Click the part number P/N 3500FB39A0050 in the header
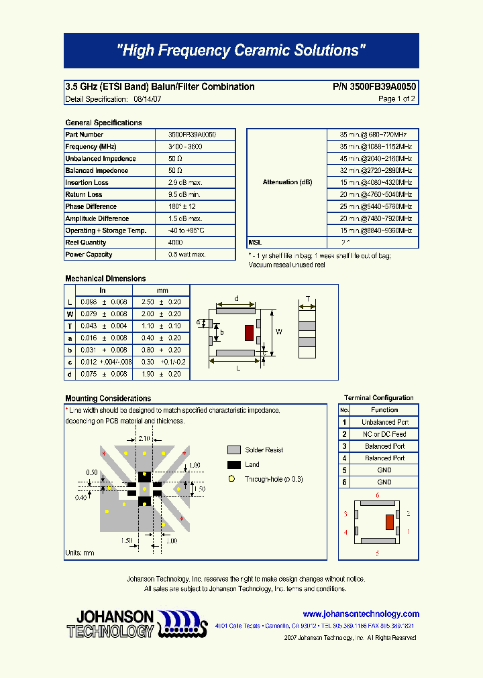click(374, 86)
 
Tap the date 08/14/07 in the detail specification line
click(147, 99)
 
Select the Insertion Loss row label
click(87, 183)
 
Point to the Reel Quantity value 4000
click(175, 243)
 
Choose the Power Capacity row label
click(89, 255)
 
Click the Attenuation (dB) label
click(287, 182)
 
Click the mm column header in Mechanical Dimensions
click(162, 290)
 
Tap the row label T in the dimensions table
click(70, 326)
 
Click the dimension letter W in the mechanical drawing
click(279, 332)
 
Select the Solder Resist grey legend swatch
click(233, 450)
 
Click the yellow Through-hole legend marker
click(231, 479)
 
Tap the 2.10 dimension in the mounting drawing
click(144, 438)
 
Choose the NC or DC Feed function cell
click(384, 434)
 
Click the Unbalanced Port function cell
click(384, 422)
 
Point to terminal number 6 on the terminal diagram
click(378, 495)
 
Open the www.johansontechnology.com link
click(361, 614)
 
